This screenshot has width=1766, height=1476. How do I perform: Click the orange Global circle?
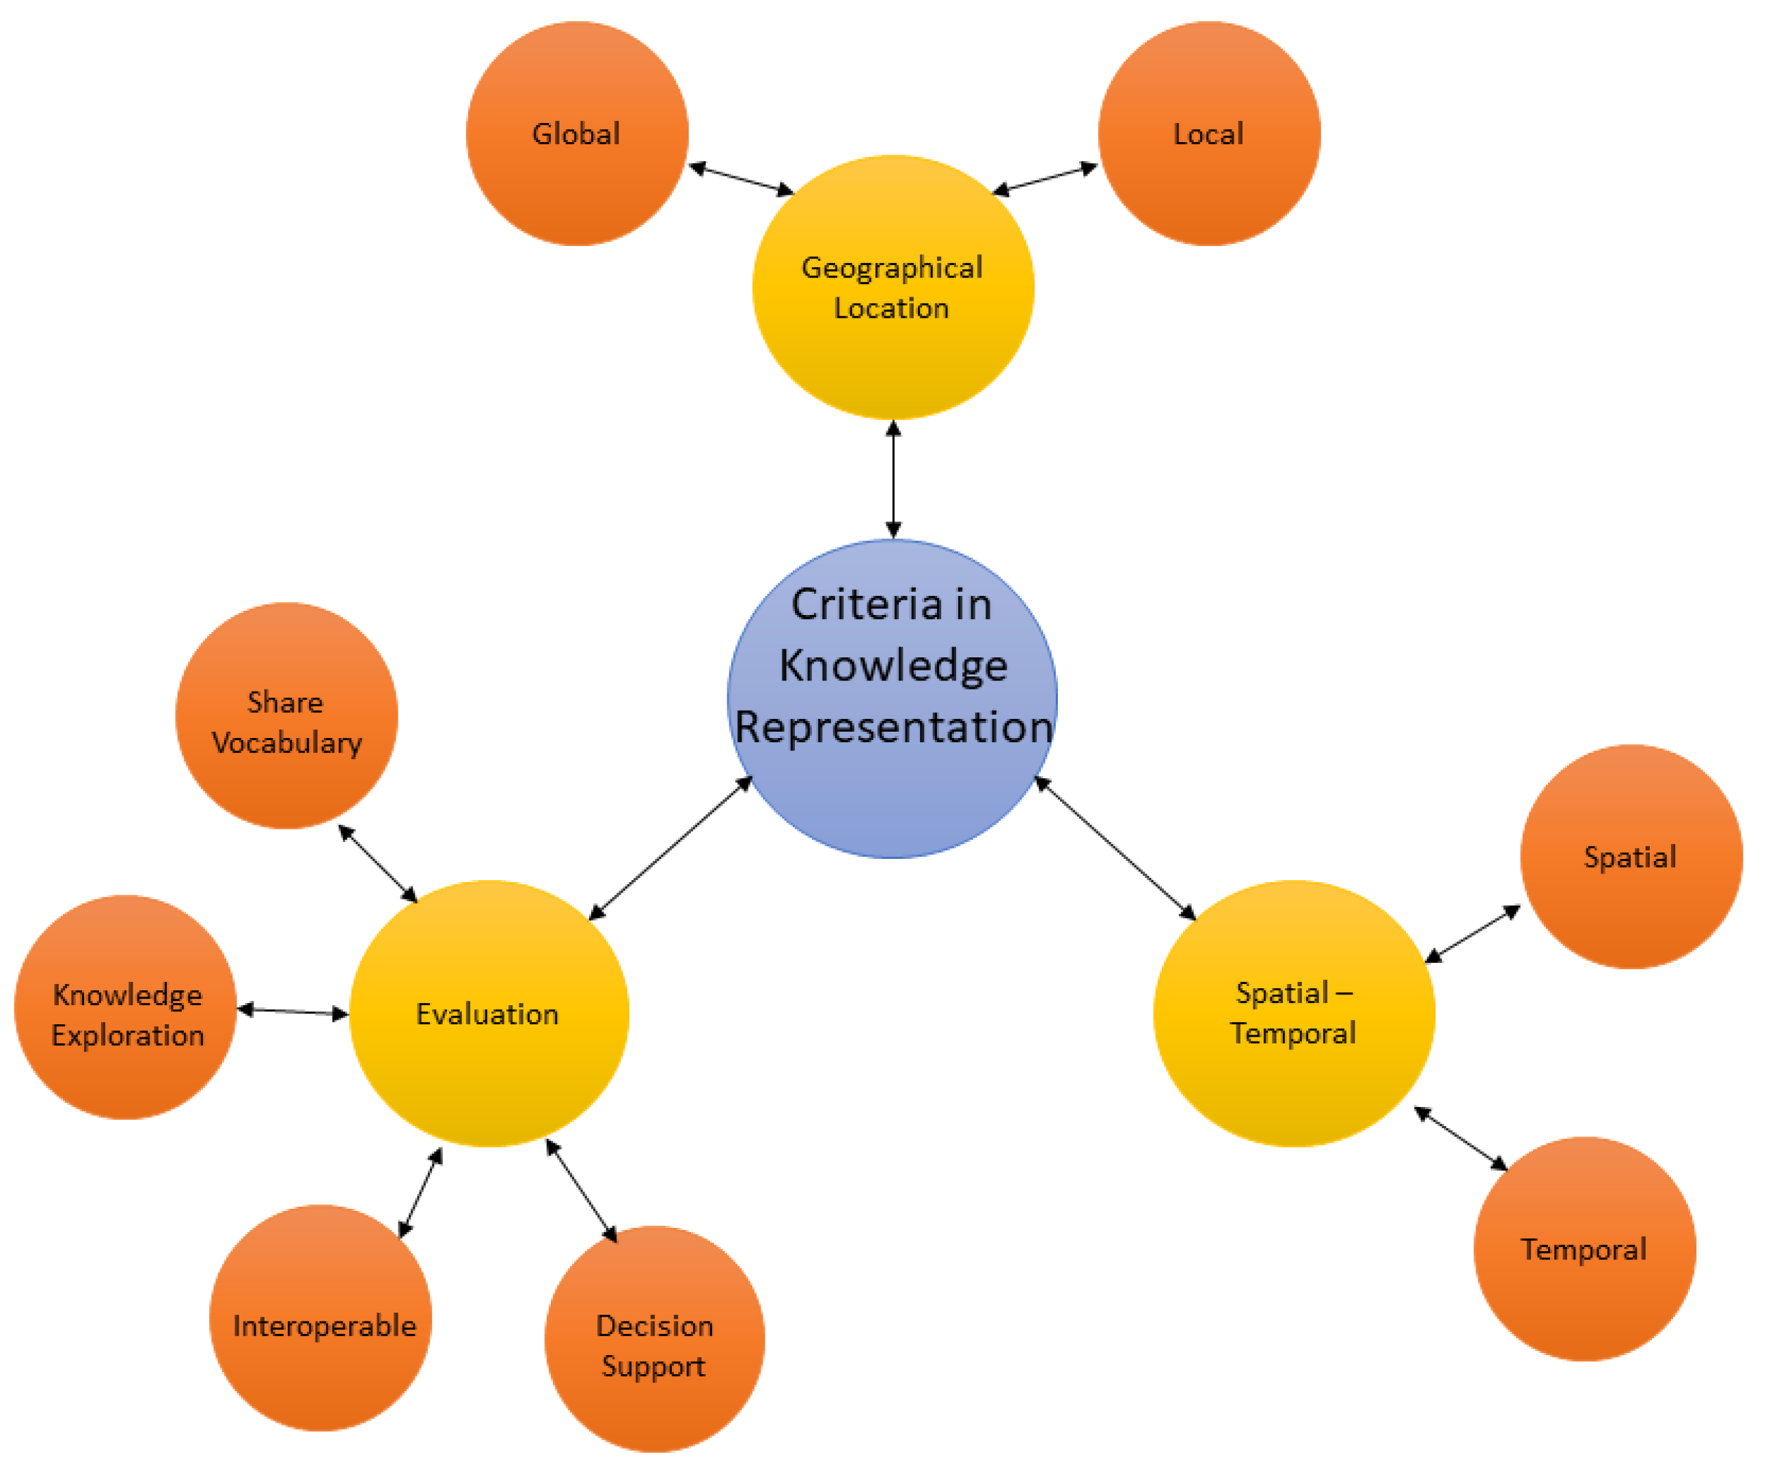[577, 134]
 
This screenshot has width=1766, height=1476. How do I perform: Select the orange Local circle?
[1208, 134]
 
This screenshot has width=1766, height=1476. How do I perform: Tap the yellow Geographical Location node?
[893, 288]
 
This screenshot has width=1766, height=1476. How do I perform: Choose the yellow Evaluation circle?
[489, 1014]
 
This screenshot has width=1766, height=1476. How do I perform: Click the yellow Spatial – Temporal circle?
[1293, 1014]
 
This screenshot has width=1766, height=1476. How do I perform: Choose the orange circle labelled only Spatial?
[1630, 857]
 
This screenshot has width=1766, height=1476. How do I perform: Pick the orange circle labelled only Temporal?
[1584, 1249]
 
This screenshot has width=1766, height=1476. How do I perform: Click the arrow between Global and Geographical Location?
[741, 179]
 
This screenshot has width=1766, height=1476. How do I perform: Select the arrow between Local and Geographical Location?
[1044, 179]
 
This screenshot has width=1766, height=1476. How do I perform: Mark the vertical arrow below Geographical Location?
[893, 480]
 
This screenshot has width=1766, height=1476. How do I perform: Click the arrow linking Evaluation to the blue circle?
[670, 848]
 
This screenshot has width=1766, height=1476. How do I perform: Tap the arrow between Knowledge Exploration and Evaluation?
[293, 1012]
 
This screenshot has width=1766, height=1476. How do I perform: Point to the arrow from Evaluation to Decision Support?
[581, 1191]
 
